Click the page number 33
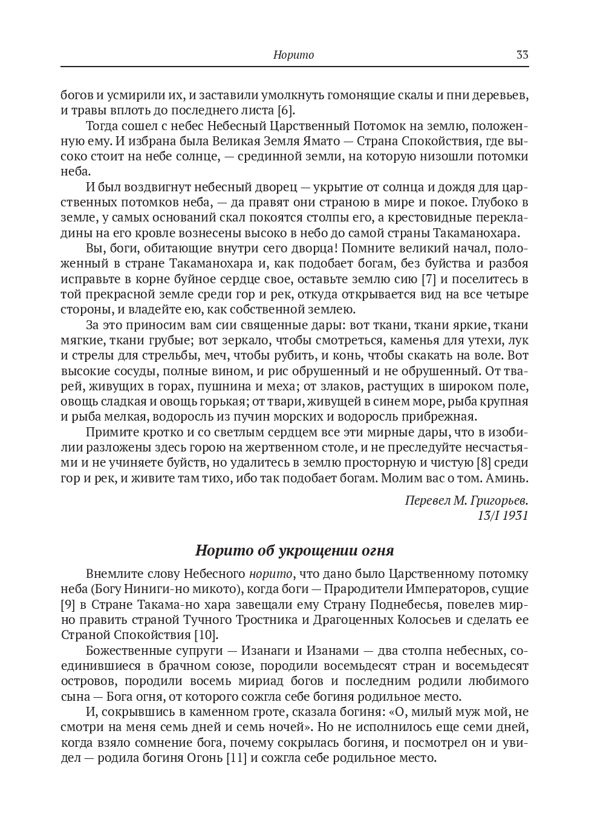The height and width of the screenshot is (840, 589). pyautogui.click(x=522, y=55)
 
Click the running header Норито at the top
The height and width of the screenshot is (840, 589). pyautogui.click(x=294, y=55)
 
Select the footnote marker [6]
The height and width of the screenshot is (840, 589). pyautogui.click(x=285, y=110)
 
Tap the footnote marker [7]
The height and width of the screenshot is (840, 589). pyautogui.click(x=428, y=279)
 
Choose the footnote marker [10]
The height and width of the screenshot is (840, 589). pyautogui.click(x=206, y=635)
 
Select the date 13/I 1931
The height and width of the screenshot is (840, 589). pyautogui.click(x=503, y=516)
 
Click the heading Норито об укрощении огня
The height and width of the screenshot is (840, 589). pyautogui.click(x=294, y=551)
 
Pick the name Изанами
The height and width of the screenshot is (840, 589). pyautogui.click(x=333, y=651)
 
